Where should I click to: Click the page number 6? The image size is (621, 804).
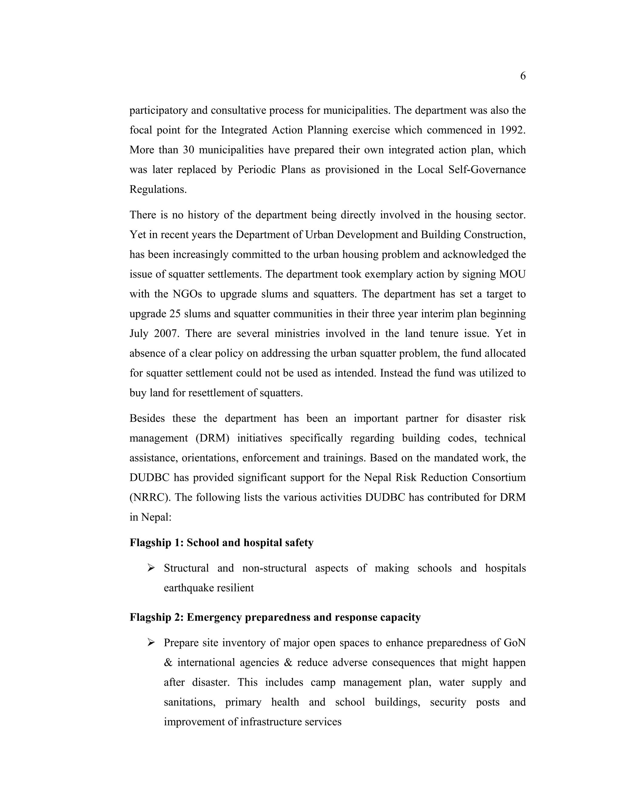tap(523, 76)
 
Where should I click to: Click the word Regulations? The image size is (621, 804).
tap(157, 189)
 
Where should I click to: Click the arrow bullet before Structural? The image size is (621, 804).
tap(150, 568)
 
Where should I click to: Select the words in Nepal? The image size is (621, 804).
tap(150, 517)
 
